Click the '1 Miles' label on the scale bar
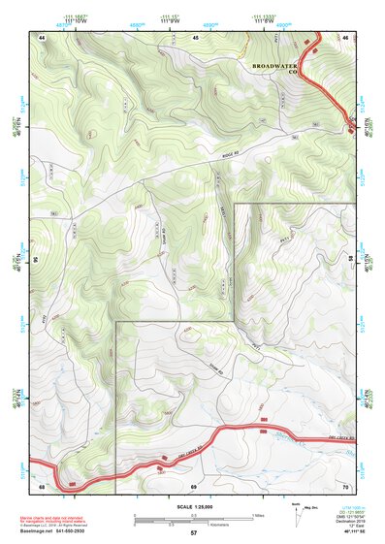pos(257,513)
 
